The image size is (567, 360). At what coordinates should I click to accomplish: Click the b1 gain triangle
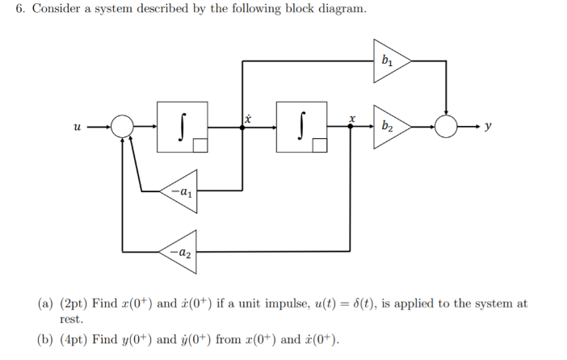pyautogui.click(x=389, y=60)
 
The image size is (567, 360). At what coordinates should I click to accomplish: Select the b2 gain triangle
pyautogui.click(x=389, y=126)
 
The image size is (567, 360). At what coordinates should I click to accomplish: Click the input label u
pyautogui.click(x=77, y=127)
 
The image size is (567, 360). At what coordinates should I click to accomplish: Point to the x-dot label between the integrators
pyautogui.click(x=248, y=118)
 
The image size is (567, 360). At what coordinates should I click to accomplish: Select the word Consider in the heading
pyautogui.click(x=55, y=10)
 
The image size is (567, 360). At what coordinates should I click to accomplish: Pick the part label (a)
pyautogui.click(x=46, y=303)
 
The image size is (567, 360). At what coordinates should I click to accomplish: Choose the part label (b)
pyautogui.click(x=46, y=339)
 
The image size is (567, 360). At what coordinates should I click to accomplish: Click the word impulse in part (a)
pyautogui.click(x=282, y=304)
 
